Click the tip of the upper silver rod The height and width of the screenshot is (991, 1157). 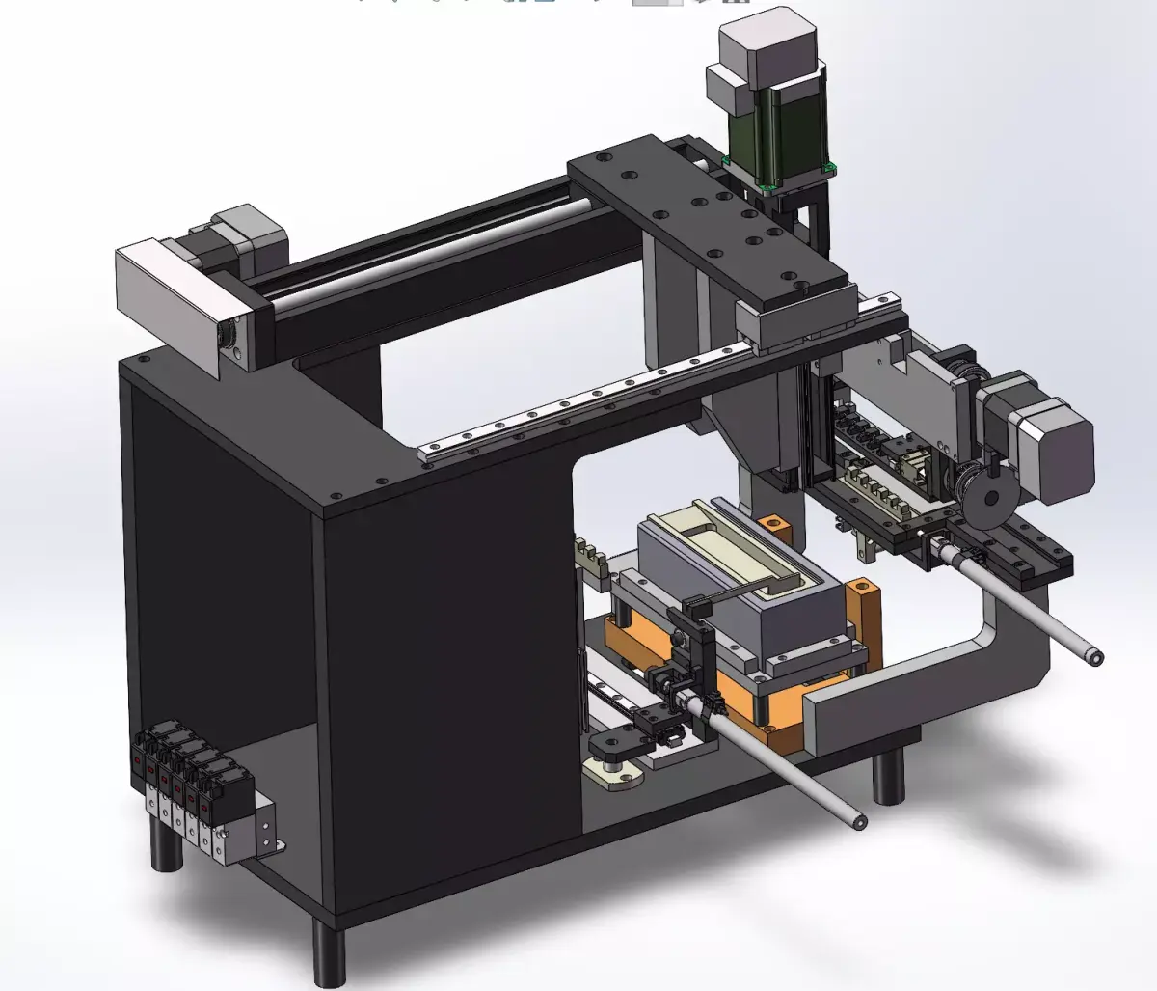pos(1093,657)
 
